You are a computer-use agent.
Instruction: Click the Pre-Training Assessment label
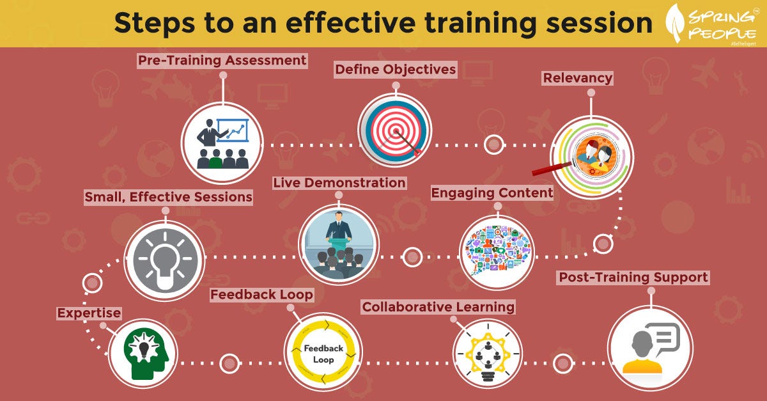(x=222, y=61)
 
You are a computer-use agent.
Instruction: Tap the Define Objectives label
(x=396, y=69)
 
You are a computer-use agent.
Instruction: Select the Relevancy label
(x=578, y=78)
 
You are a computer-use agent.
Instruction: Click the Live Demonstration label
(x=339, y=183)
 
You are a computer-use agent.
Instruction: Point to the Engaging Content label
(x=492, y=193)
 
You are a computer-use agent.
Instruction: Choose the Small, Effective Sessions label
(x=169, y=197)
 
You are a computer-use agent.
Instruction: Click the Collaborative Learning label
(x=438, y=307)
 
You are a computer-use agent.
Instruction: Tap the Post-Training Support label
(x=633, y=278)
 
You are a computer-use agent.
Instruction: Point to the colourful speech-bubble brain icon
(x=497, y=251)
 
